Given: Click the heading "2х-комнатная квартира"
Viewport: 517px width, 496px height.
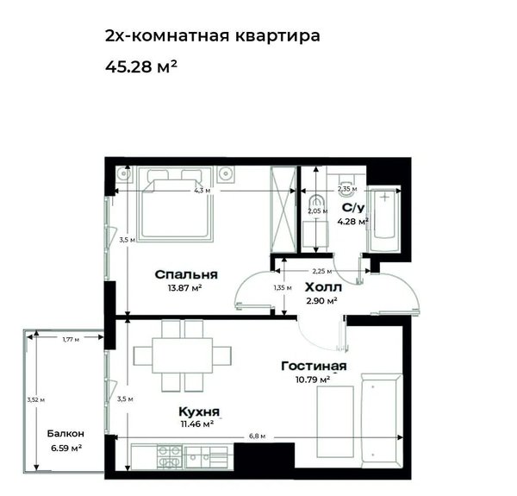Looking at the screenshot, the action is point(212,35).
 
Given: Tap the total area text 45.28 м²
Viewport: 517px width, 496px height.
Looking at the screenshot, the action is point(141,66).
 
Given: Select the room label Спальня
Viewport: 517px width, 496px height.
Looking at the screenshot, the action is point(186,274).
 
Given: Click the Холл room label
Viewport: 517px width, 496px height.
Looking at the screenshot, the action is point(323,287).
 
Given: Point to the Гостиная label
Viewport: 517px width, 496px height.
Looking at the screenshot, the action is point(314,366).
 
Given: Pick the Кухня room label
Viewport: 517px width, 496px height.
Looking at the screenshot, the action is point(199,411).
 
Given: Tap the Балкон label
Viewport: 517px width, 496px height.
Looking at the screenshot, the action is point(65,433).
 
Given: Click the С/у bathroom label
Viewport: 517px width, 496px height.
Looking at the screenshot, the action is point(353,208).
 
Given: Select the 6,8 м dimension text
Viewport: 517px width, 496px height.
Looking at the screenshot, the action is point(257,436).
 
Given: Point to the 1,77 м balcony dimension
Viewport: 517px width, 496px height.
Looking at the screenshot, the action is point(71,339).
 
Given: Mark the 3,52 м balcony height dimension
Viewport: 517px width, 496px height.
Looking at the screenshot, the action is point(36,400).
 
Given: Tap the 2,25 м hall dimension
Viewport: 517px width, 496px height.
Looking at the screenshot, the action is point(322,271).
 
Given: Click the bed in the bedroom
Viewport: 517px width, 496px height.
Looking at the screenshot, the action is point(175,204).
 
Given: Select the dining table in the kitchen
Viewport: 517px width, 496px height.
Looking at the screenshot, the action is point(183,355).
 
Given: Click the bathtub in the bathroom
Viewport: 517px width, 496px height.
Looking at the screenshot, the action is point(385,219).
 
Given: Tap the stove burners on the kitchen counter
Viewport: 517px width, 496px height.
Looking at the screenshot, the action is point(170,457).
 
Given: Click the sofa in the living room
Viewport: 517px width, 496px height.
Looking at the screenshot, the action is point(382,421).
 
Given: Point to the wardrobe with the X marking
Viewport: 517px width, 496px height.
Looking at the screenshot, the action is point(283,210).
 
